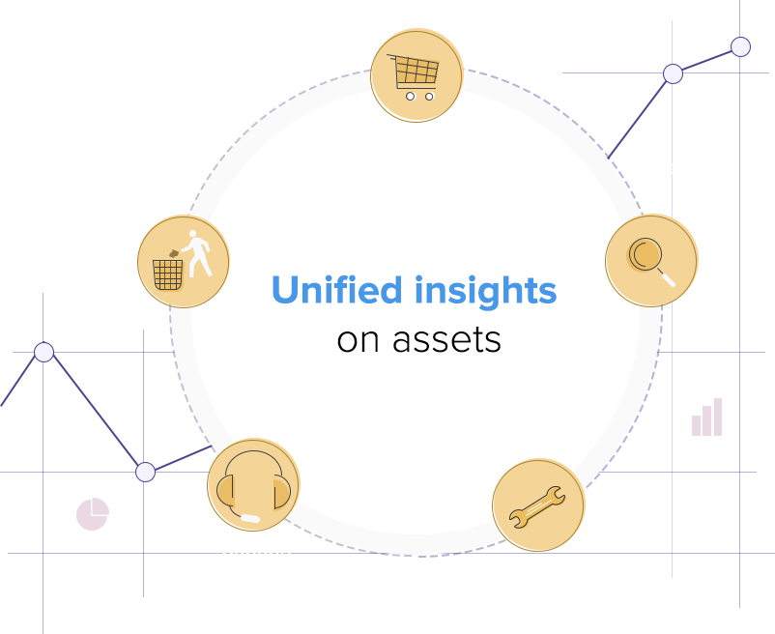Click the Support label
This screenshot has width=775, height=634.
(x=257, y=550)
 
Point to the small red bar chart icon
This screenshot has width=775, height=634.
(x=706, y=418)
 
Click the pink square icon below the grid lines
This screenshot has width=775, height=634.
(x=92, y=513)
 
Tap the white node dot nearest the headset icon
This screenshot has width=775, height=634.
(x=145, y=472)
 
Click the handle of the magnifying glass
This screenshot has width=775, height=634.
(x=666, y=277)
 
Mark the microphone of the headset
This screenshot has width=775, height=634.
(x=248, y=518)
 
